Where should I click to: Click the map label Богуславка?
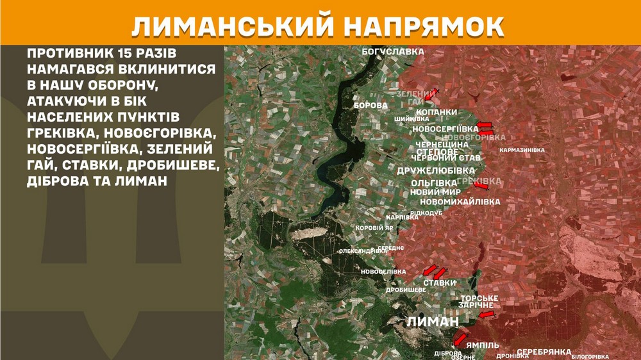pyautogui.click(x=393, y=51)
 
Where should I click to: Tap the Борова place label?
pyautogui.click(x=370, y=105)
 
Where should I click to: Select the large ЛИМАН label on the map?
pyautogui.click(x=433, y=321)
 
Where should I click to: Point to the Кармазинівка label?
pyautogui.click(x=522, y=150)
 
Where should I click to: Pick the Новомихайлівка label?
pyautogui.click(x=459, y=202)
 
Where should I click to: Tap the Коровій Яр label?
pyautogui.click(x=374, y=227)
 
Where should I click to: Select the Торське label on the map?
pyautogui.click(x=479, y=299)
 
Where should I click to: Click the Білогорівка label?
pyautogui.click(x=590, y=356)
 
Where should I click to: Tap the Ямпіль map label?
pyautogui.click(x=482, y=345)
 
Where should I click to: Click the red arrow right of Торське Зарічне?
pyautogui.click(x=487, y=315)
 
